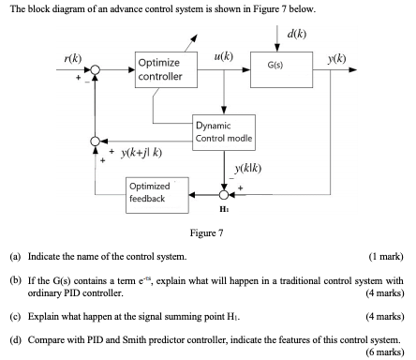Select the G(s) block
pyautogui.click(x=279, y=67)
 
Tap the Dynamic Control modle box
pyautogui.click(x=222, y=132)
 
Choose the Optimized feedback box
pyautogui.click(x=156, y=194)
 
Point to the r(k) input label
pyautogui.click(x=69, y=57)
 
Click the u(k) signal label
pyautogui.click(x=224, y=56)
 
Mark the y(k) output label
pyautogui.click(x=336, y=59)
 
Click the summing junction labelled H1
pyautogui.click(x=223, y=195)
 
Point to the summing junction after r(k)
pyautogui.click(x=94, y=68)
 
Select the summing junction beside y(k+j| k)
pyautogui.click(x=94, y=141)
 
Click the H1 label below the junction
pyautogui.click(x=223, y=209)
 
